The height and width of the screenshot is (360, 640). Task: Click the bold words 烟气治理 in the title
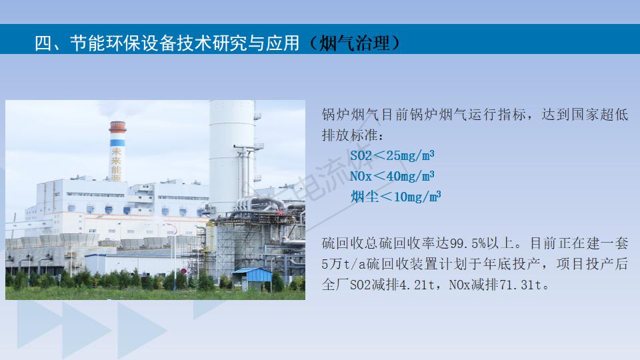(354, 43)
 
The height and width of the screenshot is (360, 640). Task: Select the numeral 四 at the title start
(43, 43)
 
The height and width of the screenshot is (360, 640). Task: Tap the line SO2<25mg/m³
(392, 155)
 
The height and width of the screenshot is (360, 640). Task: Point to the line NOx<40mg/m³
(392, 176)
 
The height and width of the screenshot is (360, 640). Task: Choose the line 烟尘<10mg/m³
(396, 197)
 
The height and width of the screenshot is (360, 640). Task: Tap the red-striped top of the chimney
(117, 127)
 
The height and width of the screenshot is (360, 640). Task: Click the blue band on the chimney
(117, 143)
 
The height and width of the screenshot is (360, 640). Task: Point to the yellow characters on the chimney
(117, 164)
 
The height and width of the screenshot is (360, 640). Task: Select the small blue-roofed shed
(252, 279)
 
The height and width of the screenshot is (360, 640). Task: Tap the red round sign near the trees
(184, 271)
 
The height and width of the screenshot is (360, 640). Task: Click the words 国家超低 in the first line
(599, 114)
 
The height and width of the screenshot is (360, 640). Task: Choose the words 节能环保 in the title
(106, 43)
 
